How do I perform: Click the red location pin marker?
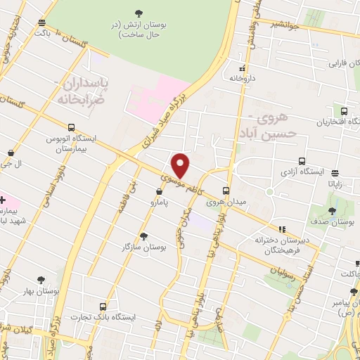181,165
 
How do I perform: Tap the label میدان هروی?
226,202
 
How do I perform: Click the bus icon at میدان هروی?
226,190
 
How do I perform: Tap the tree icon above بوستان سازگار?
143,236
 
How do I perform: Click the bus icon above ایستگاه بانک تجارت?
104,307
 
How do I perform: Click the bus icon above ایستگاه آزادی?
302,160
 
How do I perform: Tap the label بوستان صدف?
333,222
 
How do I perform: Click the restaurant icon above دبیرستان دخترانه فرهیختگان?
282,229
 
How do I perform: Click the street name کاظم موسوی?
178,185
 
